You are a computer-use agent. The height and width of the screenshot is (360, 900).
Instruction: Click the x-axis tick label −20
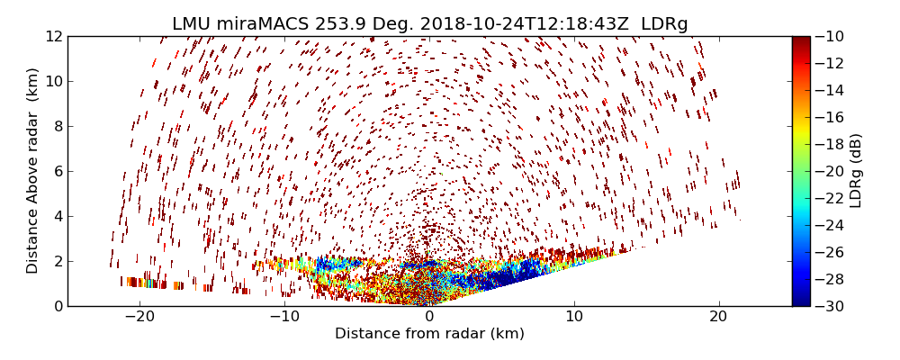click(139, 317)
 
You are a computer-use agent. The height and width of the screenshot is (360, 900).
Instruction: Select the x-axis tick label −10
click(283, 317)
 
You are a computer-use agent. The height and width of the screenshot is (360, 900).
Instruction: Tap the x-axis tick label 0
click(429, 317)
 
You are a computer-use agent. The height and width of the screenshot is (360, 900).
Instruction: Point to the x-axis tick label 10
click(574, 317)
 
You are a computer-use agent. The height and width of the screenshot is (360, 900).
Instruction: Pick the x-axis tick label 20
click(718, 317)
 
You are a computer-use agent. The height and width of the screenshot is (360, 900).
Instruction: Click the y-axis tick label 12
click(53, 36)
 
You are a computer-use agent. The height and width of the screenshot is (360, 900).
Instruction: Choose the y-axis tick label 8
click(57, 126)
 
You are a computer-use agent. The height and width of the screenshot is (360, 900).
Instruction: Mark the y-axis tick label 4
click(57, 216)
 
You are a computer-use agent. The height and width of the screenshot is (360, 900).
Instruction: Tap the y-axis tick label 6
click(57, 171)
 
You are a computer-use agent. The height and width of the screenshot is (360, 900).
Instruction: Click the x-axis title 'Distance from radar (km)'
click(429, 334)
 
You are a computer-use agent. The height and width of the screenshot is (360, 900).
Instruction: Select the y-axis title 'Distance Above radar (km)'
click(33, 171)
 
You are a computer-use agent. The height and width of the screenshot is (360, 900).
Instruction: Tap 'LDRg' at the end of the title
click(664, 24)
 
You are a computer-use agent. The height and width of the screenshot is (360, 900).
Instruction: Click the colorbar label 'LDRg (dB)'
click(856, 171)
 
